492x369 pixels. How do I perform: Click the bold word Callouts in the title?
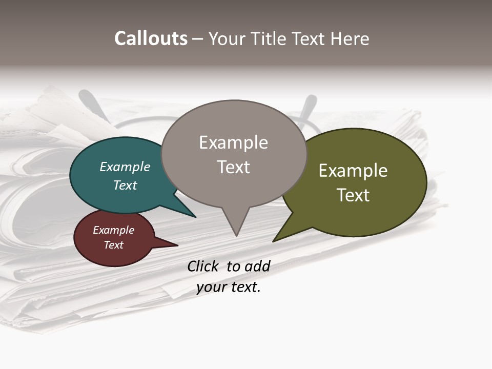(x=151, y=38)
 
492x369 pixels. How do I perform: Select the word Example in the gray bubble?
(x=233, y=142)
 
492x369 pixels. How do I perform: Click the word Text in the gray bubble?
(x=233, y=167)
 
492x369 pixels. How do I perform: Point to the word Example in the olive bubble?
(x=353, y=171)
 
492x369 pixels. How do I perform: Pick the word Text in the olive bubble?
(x=353, y=195)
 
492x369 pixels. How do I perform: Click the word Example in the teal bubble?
(x=125, y=167)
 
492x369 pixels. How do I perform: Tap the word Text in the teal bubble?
(x=125, y=185)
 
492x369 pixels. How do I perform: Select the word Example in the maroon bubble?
(x=114, y=230)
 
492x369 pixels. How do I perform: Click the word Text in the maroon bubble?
(x=114, y=245)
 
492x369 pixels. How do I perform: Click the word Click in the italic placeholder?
(x=202, y=266)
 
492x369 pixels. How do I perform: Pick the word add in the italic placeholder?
(x=257, y=266)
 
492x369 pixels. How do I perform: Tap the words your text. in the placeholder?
(x=229, y=288)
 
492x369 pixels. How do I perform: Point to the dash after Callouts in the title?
(x=198, y=39)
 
